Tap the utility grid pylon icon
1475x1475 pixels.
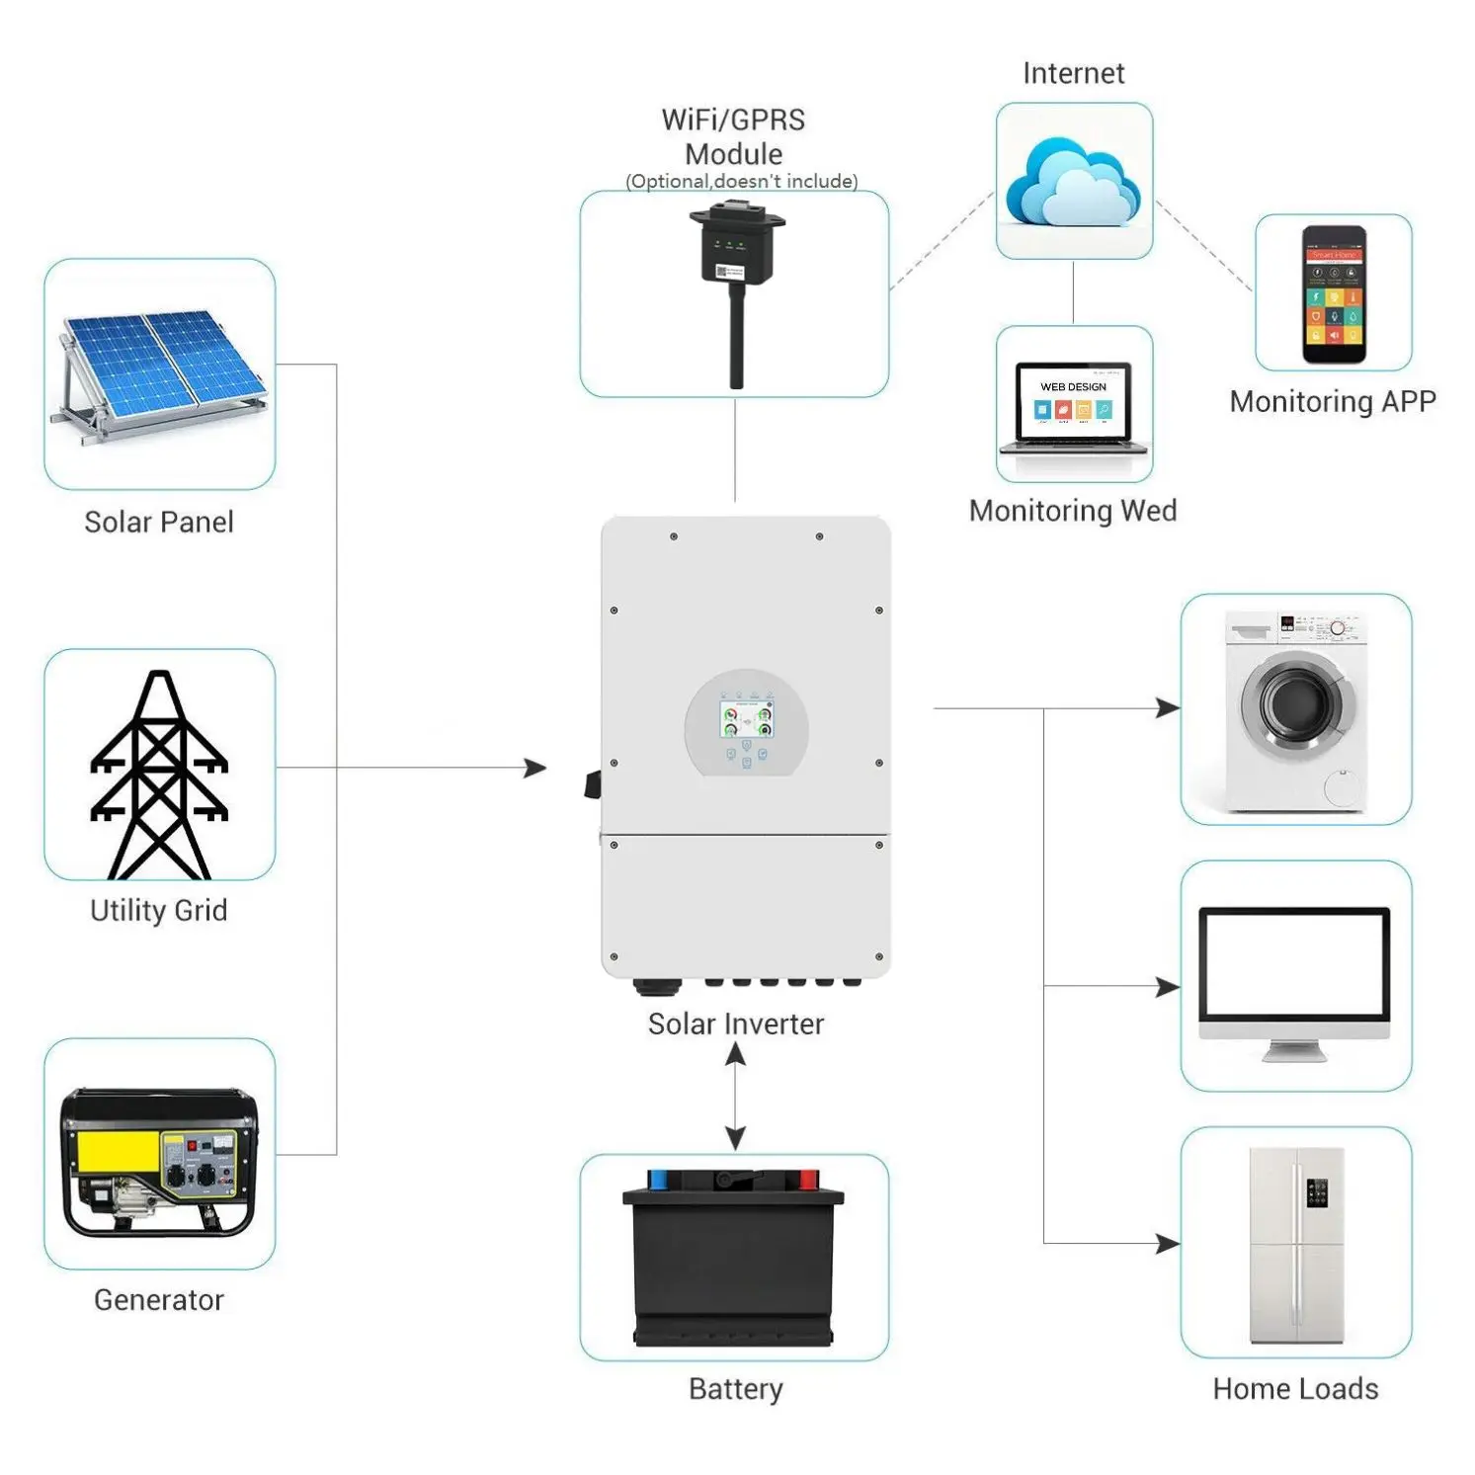[159, 775]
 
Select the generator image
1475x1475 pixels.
[160, 1162]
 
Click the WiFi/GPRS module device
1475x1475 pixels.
[736, 287]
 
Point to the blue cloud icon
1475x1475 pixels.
[1073, 184]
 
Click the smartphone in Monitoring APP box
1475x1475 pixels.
[1334, 294]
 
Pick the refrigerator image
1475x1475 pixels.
[1296, 1245]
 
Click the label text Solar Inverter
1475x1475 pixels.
[736, 1024]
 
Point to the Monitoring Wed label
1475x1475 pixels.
[1073, 511]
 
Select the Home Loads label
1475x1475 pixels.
[1295, 1389]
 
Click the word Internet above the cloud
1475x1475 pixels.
[1074, 74]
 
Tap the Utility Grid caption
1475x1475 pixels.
[159, 910]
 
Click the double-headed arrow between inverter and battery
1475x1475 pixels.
[735, 1097]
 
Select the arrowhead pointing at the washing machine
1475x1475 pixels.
[1168, 708]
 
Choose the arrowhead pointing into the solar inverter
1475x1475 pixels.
[534, 768]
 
